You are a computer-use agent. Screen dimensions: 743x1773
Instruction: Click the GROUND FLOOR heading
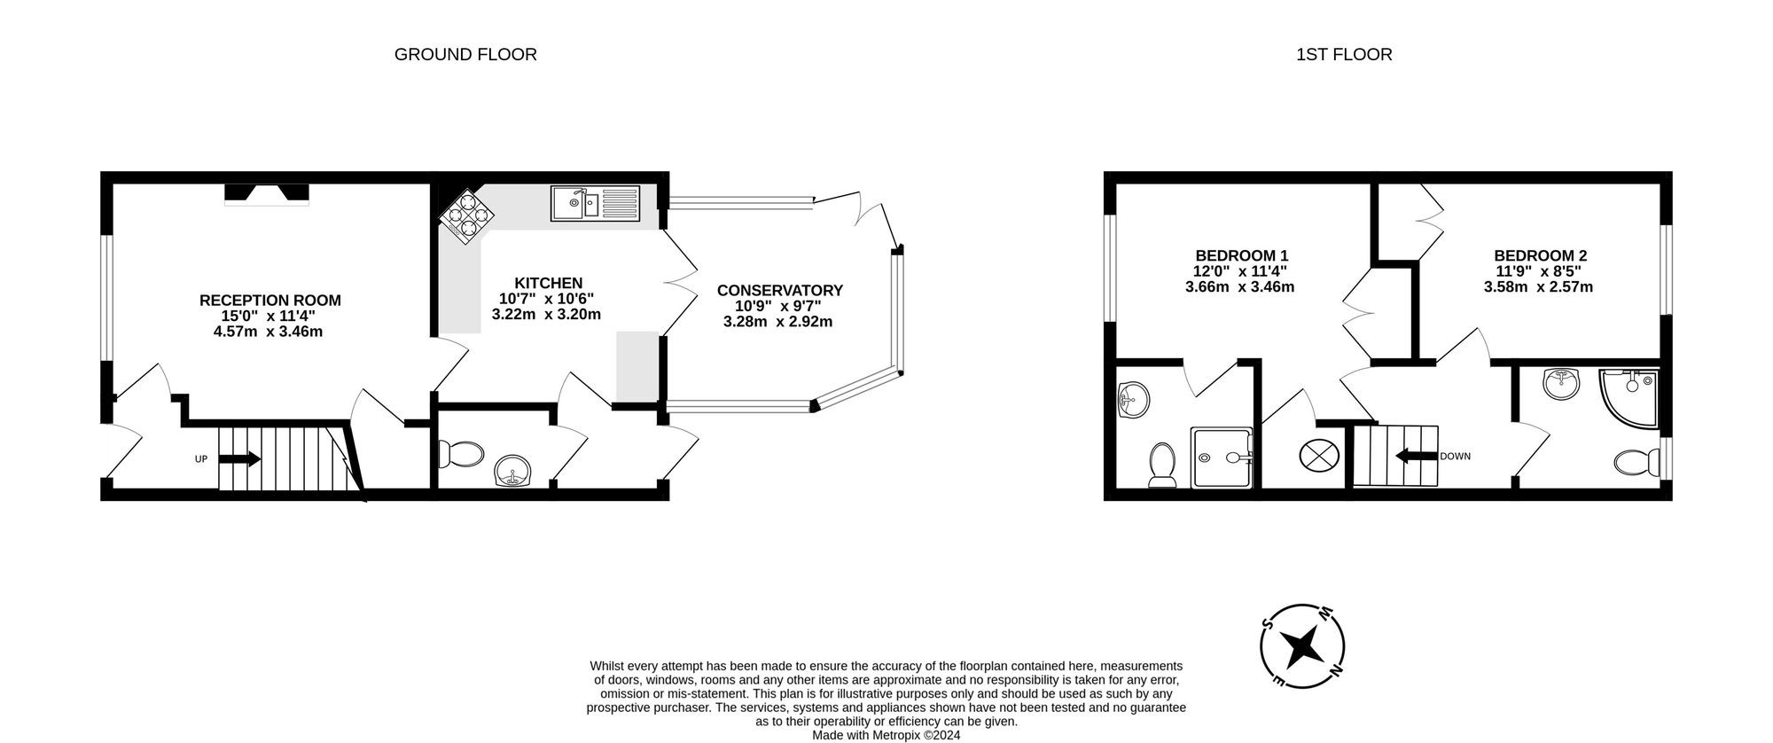point(465,55)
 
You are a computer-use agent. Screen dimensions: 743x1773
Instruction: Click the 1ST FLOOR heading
point(1344,55)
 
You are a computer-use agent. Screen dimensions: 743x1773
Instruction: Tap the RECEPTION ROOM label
point(269,301)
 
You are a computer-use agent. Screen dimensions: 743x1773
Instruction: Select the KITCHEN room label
point(549,283)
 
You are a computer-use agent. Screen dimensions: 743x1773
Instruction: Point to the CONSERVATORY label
point(779,291)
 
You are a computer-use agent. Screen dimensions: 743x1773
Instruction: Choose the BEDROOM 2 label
point(1540,255)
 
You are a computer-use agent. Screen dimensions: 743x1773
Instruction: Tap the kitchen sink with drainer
point(594,204)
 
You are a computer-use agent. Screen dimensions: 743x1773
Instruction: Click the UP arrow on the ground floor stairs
point(238,459)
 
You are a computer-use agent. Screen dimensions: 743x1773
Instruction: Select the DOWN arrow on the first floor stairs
point(1416,457)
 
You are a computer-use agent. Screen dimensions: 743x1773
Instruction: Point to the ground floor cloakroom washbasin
point(513,471)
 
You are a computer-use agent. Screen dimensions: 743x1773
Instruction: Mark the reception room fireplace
point(266,194)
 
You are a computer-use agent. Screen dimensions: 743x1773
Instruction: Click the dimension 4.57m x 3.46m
point(268,332)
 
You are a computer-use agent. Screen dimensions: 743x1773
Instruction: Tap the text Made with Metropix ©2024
point(886,735)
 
